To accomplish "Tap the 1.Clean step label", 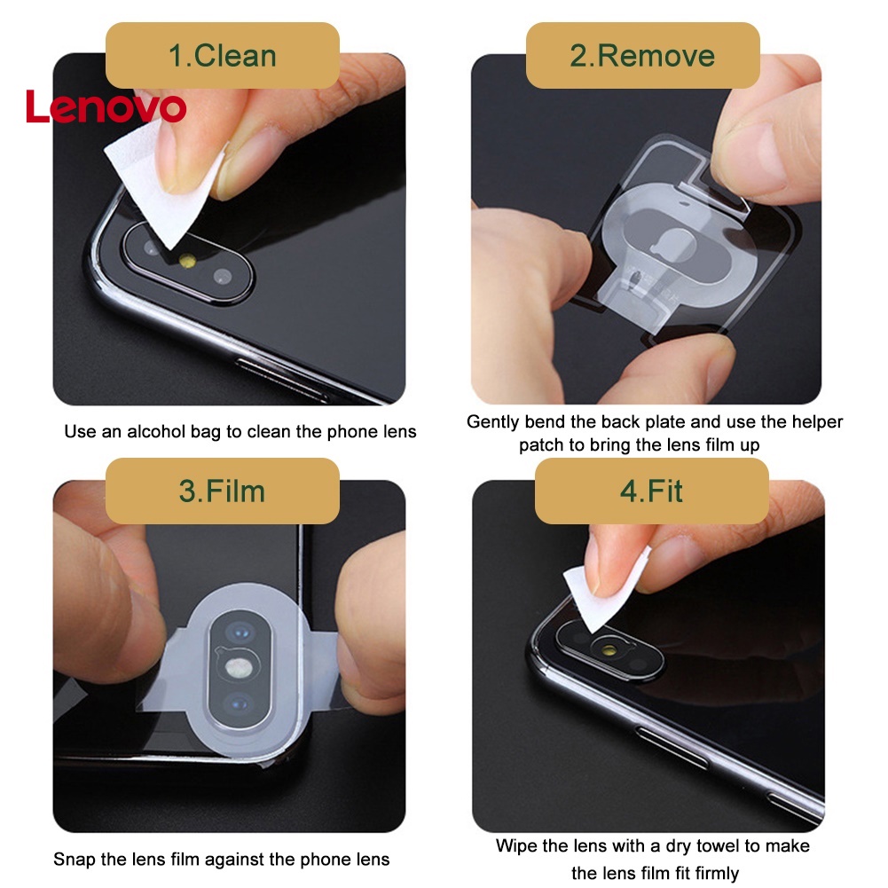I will pyautogui.click(x=223, y=55).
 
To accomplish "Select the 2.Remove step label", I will pyautogui.click(x=642, y=55).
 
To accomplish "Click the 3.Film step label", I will pyautogui.click(x=223, y=491).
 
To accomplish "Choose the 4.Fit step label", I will pyautogui.click(x=651, y=491).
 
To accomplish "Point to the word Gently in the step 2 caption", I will pyautogui.click(x=493, y=421).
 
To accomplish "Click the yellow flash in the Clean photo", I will pyautogui.click(x=188, y=261).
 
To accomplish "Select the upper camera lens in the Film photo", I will pyautogui.click(x=238, y=631).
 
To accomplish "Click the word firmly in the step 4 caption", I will pyautogui.click(x=711, y=873).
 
